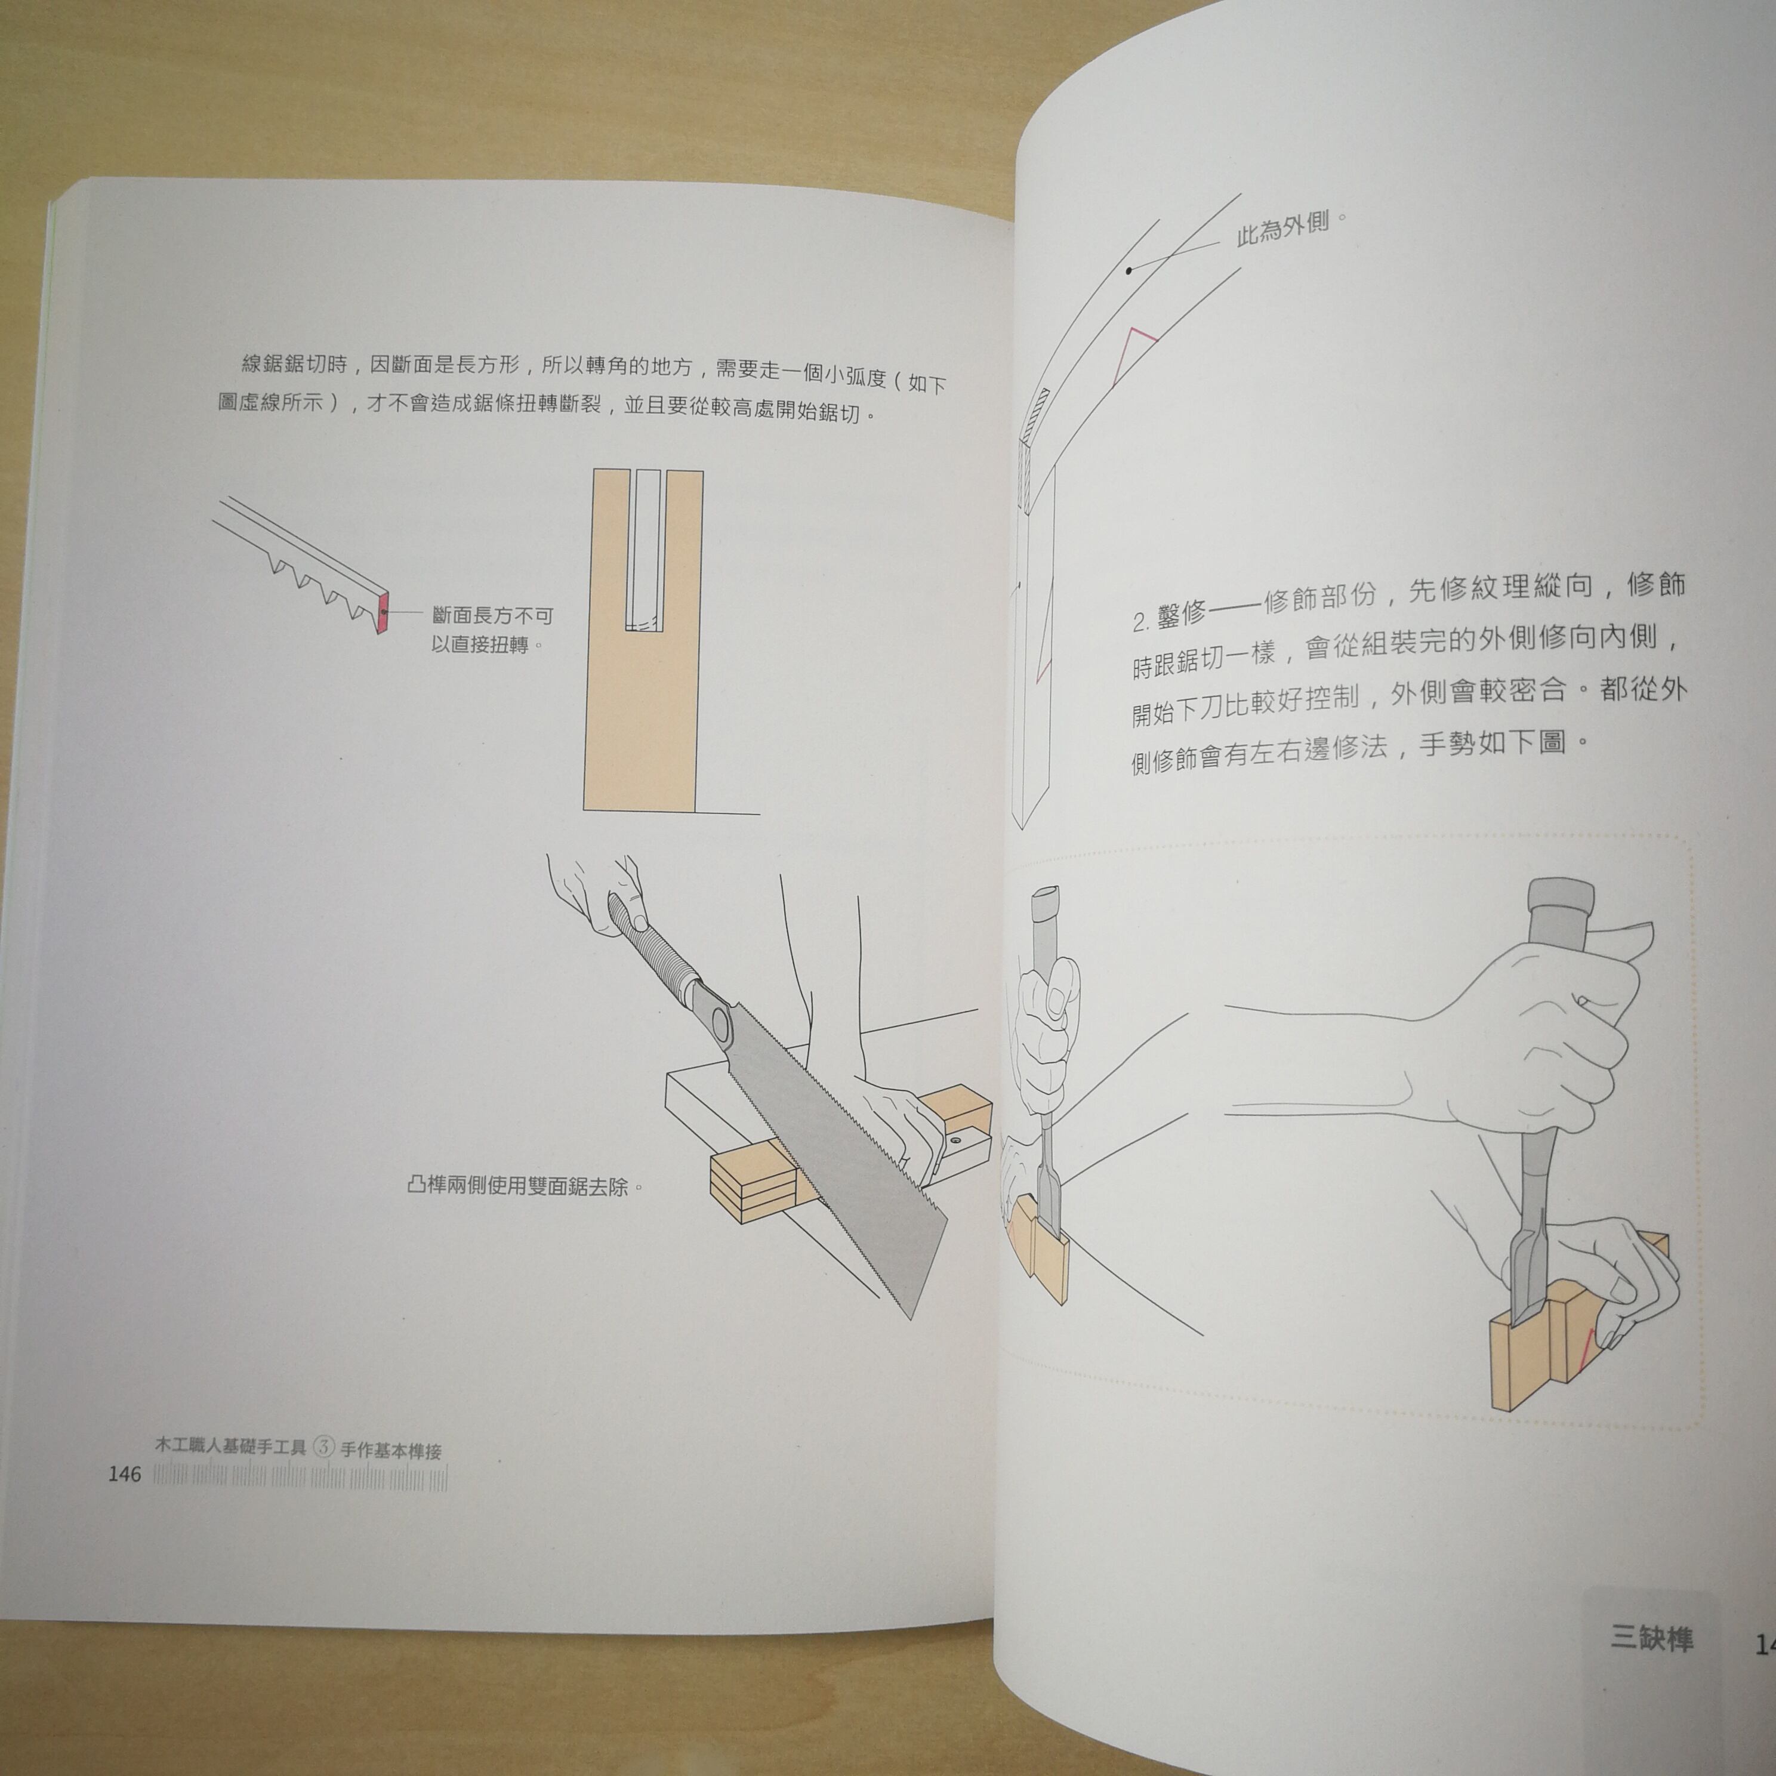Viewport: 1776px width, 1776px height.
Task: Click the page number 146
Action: [x=124, y=1473]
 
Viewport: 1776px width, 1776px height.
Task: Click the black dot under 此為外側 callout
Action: [x=1129, y=270]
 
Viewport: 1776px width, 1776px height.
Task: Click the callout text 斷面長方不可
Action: [x=493, y=615]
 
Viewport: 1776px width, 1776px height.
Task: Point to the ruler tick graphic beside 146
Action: [x=300, y=1478]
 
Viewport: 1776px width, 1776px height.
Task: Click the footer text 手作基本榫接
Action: [x=391, y=1451]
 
